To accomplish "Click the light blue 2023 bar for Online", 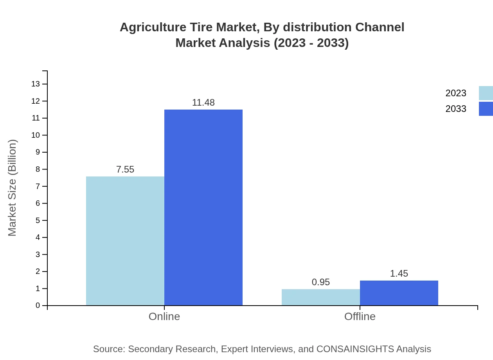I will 125,241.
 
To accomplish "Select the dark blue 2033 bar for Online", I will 203,207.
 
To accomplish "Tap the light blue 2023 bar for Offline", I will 321,297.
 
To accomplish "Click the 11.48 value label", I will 203,103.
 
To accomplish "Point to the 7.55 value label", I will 125,169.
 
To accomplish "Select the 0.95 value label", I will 321,282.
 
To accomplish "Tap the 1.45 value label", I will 399,274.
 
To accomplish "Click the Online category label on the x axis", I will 164,317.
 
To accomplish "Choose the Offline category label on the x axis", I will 360,317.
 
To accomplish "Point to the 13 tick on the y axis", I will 36,84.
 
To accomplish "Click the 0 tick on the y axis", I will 38,306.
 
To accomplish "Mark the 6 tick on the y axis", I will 38,203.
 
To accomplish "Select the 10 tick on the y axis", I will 36,135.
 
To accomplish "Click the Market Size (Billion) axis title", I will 12,188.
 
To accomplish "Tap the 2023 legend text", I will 456,93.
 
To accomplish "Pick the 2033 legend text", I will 456,109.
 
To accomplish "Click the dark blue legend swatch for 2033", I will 486,109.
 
